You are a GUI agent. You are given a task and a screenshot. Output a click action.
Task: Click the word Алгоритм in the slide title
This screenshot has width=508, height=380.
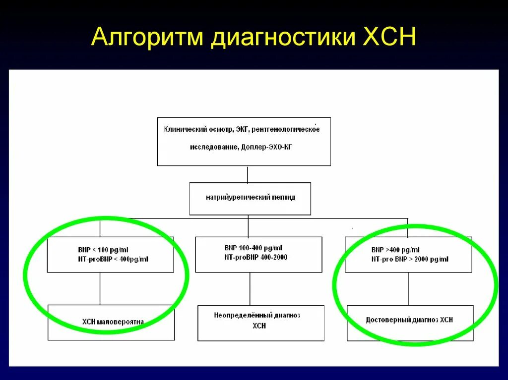[x=147, y=39]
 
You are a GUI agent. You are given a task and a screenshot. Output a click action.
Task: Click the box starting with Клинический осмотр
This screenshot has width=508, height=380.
[x=244, y=141]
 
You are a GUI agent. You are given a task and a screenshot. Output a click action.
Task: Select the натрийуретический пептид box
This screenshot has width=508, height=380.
[x=250, y=198]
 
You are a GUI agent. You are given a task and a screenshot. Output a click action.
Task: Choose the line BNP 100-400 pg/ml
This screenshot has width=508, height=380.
[x=254, y=248]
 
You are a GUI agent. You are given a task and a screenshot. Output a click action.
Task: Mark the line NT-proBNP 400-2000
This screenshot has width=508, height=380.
[x=256, y=257]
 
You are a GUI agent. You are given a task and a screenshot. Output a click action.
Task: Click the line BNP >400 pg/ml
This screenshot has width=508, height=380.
[x=395, y=250]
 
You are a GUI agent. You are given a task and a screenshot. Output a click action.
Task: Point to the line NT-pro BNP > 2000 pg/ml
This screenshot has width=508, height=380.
[x=410, y=259]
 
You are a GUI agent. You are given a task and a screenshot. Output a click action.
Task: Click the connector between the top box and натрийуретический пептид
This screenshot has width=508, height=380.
[x=248, y=174]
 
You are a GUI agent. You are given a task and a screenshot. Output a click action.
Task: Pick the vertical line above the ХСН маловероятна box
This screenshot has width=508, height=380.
[x=100, y=288]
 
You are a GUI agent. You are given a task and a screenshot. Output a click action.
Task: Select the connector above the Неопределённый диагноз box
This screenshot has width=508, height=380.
[x=250, y=289]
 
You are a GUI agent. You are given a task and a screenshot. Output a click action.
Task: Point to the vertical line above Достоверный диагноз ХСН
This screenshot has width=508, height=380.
[x=409, y=288]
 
